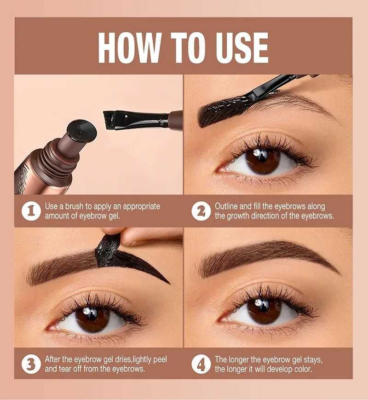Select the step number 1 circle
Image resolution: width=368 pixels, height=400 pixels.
(x=31, y=211)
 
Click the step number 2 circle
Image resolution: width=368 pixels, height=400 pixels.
(x=201, y=211)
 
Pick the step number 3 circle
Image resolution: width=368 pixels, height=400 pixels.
(x=31, y=364)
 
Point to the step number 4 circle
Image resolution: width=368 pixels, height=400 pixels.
(x=201, y=364)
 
